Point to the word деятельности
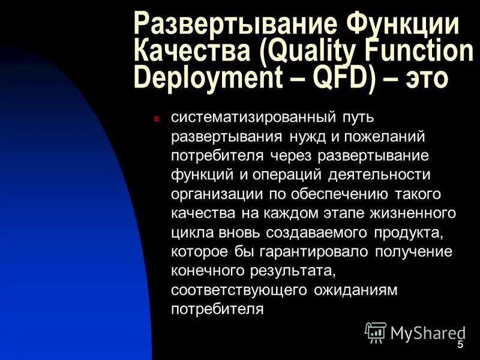(x=380, y=175)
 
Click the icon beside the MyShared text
(x=376, y=332)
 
